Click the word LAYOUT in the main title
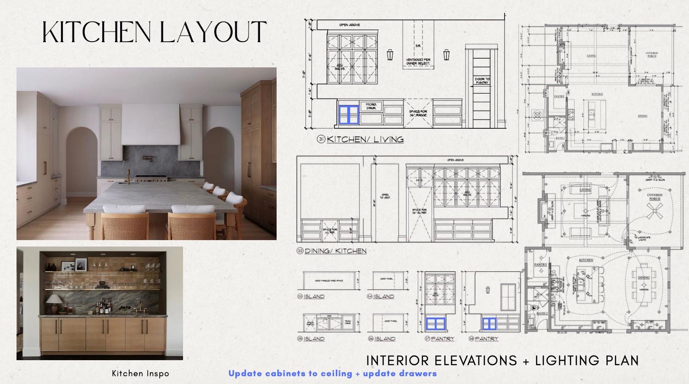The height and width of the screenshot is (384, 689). pos(213,32)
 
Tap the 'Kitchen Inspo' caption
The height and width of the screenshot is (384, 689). pos(140,373)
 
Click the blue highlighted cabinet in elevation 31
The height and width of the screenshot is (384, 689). pos(348,115)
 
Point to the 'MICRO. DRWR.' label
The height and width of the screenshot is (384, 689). pos(371,106)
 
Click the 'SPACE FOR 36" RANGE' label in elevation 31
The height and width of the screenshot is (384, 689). pos(418,113)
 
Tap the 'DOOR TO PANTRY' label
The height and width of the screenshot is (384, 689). pos(482,81)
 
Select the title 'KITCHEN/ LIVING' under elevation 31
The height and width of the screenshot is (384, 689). pos(365,139)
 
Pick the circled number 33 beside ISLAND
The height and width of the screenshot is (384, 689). pos(300,296)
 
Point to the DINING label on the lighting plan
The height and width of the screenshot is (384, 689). pos(644,277)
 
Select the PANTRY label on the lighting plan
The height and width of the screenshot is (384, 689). pos(541,264)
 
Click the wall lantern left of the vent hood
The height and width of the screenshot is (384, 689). pos(390,55)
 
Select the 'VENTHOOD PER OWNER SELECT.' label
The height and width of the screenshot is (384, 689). pos(418,62)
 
